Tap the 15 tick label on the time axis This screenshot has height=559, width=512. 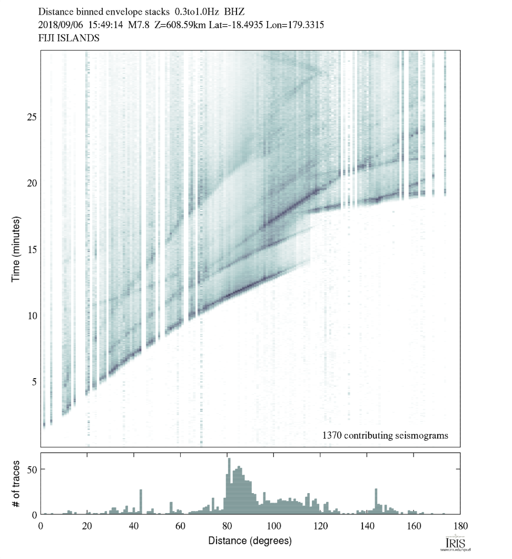(31, 249)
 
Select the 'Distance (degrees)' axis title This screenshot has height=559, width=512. (250, 541)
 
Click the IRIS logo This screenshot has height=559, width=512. (454, 543)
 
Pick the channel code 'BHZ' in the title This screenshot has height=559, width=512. (234, 11)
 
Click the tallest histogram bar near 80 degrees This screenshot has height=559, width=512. (229, 485)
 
